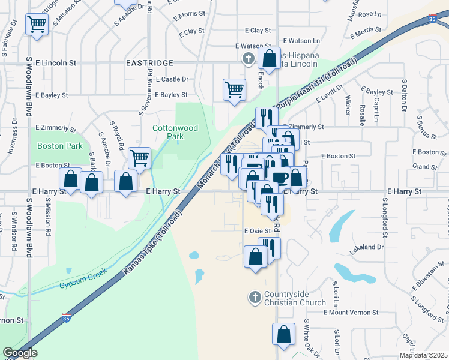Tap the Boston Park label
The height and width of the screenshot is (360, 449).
click(x=59, y=146)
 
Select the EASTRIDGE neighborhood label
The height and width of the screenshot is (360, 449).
click(x=149, y=62)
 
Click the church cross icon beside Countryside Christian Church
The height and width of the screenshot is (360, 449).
click(x=255, y=296)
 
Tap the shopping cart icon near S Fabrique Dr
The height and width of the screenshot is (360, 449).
click(x=37, y=25)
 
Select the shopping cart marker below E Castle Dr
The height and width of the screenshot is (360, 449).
click(x=234, y=89)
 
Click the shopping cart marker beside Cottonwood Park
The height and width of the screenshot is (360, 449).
click(x=139, y=158)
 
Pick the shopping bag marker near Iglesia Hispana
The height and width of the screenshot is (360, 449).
click(x=268, y=59)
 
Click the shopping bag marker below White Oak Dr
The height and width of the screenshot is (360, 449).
click(x=283, y=334)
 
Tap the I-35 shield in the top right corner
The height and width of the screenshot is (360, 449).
click(x=432, y=20)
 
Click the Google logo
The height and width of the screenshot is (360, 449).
click(x=20, y=353)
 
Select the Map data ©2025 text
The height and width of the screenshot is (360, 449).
click(x=423, y=355)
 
